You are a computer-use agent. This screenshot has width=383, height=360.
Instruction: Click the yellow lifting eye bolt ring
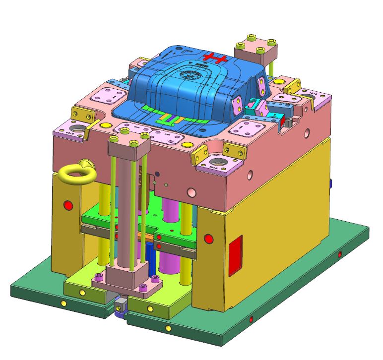pos(73,173)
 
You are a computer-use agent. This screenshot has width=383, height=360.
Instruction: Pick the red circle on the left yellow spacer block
pos(68,205)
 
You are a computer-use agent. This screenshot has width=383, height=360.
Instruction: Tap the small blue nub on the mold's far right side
pos(330,183)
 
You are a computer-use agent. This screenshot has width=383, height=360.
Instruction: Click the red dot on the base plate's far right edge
pos(340,254)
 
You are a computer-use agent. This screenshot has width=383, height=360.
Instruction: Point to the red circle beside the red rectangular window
pos(208,239)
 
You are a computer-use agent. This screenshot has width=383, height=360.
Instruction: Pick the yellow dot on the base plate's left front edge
pos(63,303)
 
